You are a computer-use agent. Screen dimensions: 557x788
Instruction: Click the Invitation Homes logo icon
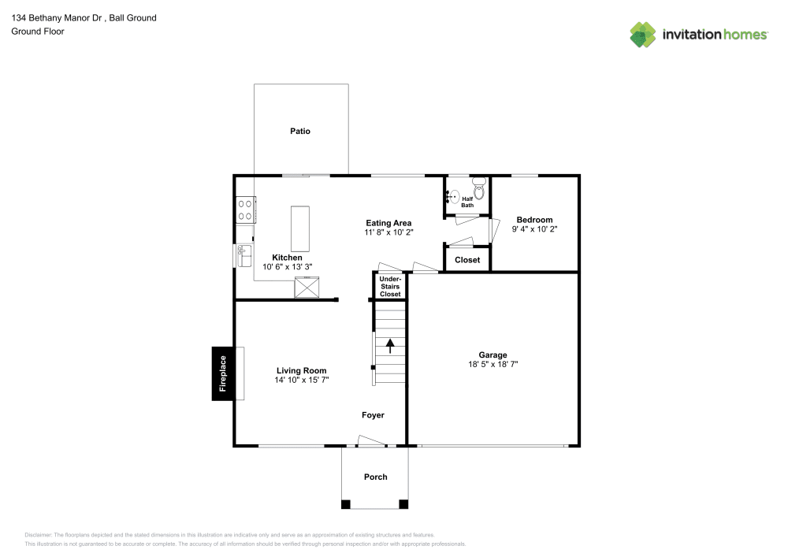[x=643, y=34]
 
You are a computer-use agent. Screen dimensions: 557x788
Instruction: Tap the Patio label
[x=299, y=131]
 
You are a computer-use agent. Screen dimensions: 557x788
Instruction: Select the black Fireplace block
[x=222, y=373]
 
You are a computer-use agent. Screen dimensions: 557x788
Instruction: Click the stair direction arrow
[x=389, y=345]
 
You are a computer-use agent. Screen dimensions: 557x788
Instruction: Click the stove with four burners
[x=245, y=209]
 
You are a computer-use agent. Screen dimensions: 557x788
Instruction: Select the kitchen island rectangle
[x=301, y=228]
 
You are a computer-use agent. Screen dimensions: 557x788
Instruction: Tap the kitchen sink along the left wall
[x=243, y=255]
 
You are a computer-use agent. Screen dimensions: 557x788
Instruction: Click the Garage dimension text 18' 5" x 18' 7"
[x=492, y=365]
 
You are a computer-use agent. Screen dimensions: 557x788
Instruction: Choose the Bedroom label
[x=534, y=220]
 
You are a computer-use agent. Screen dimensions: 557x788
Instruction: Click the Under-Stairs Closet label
[x=390, y=286]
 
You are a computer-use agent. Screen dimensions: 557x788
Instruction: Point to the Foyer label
[x=373, y=414]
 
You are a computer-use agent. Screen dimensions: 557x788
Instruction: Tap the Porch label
[x=375, y=477]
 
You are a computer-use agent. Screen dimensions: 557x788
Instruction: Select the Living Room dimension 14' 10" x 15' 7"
[x=301, y=380]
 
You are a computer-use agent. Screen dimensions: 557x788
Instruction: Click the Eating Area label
[x=388, y=223]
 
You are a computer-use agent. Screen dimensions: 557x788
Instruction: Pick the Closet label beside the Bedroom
[x=467, y=259]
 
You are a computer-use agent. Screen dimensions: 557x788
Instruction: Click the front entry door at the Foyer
[x=372, y=443]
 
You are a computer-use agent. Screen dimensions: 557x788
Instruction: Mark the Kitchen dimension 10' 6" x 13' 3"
[x=287, y=266]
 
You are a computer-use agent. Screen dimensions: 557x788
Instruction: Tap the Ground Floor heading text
[x=38, y=32]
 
